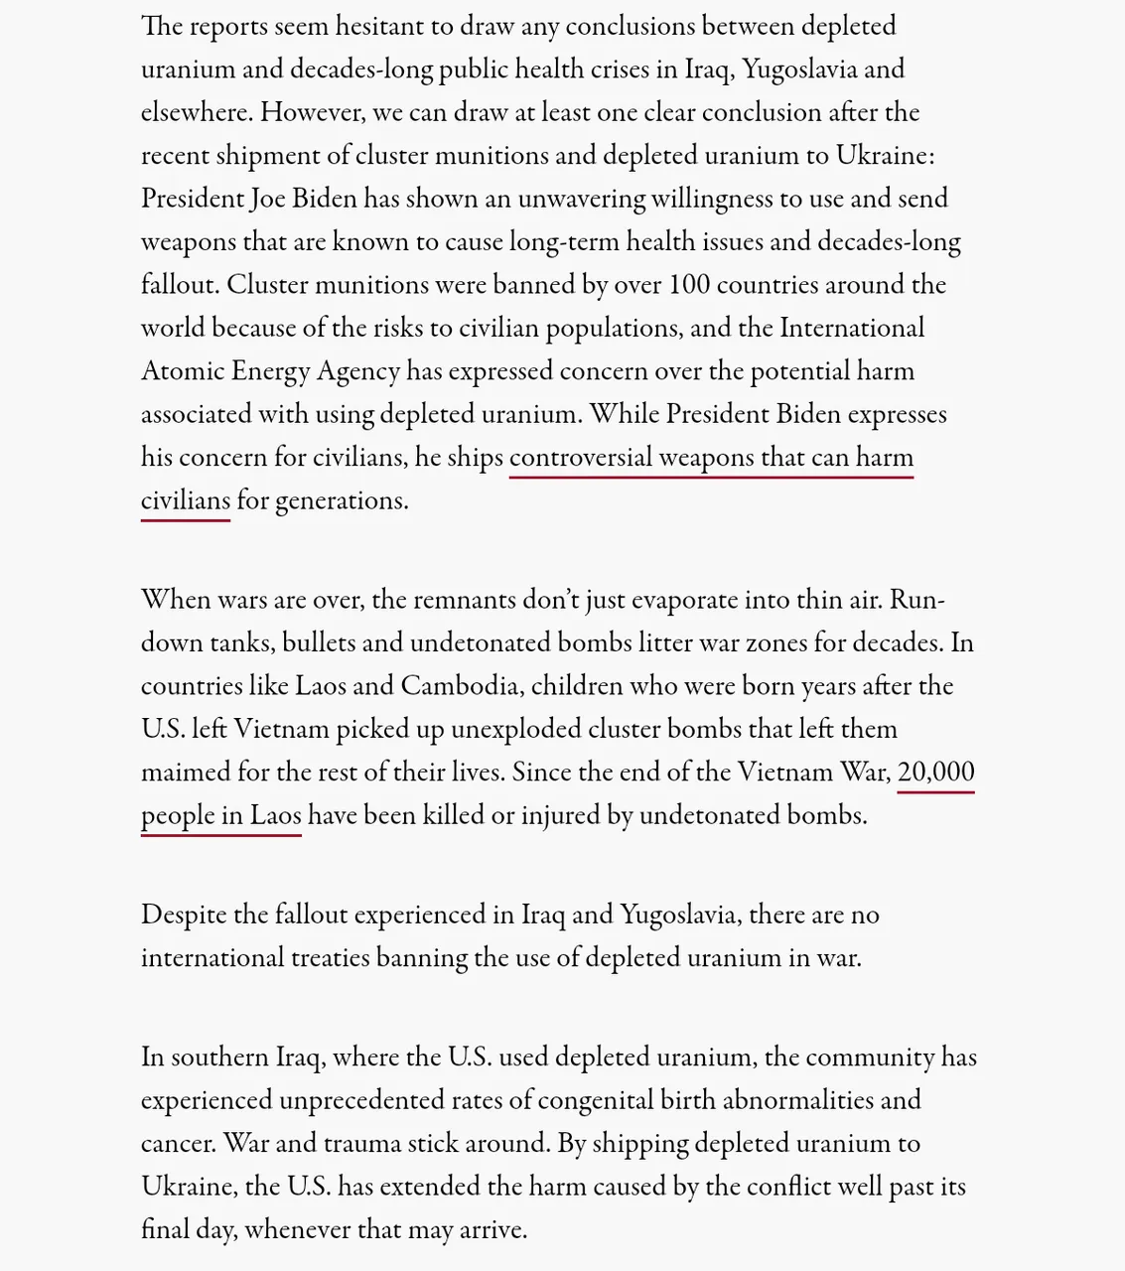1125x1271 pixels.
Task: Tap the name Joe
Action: tap(268, 199)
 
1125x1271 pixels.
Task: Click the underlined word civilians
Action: tap(186, 500)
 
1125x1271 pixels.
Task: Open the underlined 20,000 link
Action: tap(935, 773)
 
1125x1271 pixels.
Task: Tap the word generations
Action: tap(341, 500)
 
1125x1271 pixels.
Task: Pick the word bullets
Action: tap(319, 643)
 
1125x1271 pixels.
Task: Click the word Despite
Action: tap(184, 915)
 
